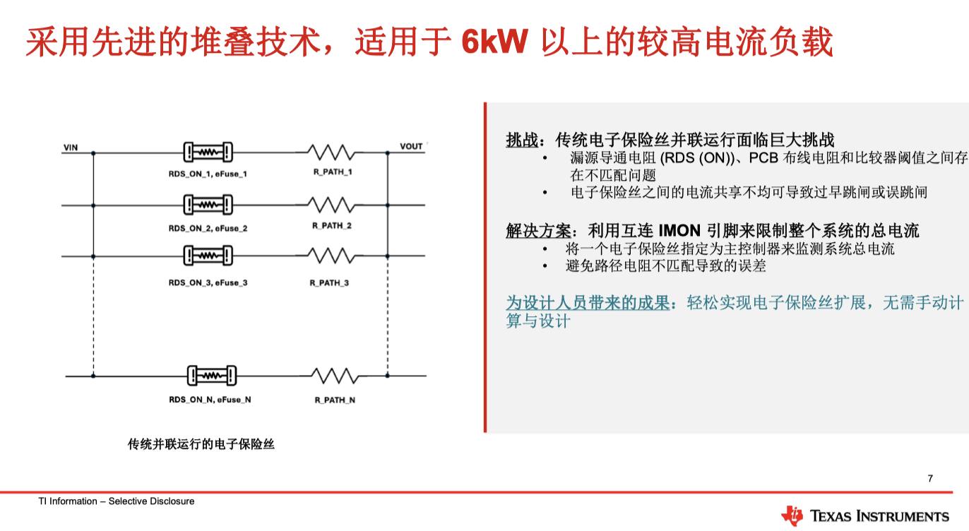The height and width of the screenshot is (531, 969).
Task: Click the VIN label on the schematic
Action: (x=71, y=148)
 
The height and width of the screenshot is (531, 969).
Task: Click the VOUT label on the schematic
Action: (x=411, y=147)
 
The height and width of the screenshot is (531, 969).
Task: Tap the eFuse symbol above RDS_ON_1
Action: (x=208, y=152)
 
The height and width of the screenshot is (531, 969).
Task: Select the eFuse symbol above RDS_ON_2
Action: (x=208, y=205)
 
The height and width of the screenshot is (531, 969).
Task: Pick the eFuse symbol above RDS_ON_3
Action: (x=208, y=256)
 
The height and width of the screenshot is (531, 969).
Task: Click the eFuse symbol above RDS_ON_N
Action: (x=211, y=376)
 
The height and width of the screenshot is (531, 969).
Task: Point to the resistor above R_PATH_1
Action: (x=331, y=152)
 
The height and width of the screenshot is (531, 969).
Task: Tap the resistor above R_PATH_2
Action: (x=331, y=205)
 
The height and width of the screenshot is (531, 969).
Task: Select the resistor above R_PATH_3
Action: (x=331, y=256)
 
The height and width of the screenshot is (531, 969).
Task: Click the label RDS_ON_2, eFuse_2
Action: (x=208, y=228)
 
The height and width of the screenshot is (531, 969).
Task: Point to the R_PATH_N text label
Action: (x=335, y=400)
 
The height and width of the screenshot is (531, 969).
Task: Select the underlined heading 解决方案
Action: (x=537, y=230)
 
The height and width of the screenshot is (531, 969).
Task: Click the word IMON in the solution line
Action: (x=679, y=230)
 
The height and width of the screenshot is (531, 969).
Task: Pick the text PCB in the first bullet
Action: (x=763, y=158)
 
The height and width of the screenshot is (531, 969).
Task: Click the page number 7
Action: (x=930, y=478)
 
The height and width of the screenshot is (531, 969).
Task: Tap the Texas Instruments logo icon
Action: (x=792, y=515)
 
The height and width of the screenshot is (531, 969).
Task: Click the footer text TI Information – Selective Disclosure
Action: (x=117, y=501)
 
